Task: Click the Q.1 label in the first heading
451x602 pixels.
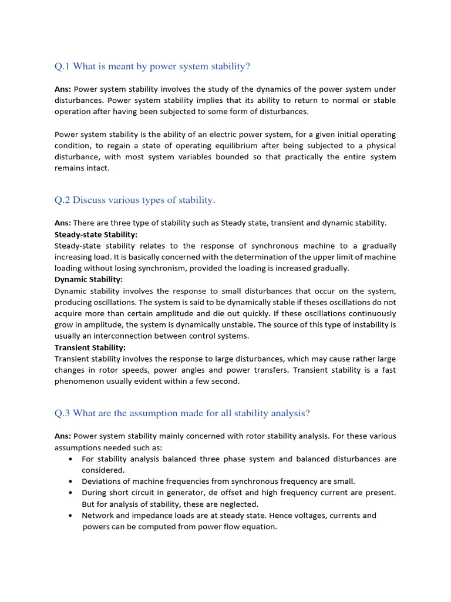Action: (62, 66)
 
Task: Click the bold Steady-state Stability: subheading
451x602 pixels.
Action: (96, 235)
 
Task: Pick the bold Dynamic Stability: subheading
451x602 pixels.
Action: (89, 280)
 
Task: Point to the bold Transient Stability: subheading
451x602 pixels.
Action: (90, 347)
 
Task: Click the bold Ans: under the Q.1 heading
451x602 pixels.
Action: (63, 89)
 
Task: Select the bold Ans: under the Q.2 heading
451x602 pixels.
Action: (63, 223)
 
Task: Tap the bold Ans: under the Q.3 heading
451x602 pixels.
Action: (63, 436)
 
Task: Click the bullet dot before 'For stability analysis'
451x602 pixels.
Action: (70, 459)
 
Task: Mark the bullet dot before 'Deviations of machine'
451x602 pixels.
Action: (70, 481)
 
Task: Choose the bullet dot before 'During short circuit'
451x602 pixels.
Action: (70, 493)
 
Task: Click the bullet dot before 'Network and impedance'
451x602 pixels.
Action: (70, 516)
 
